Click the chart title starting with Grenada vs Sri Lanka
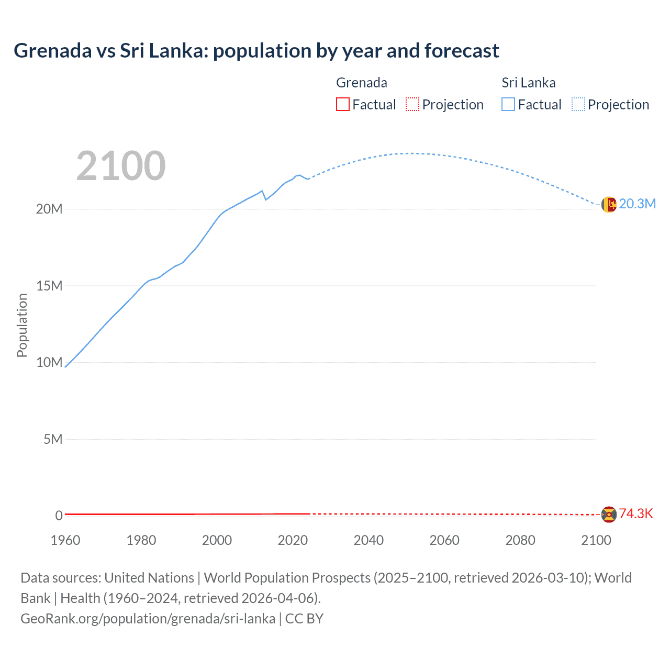pos(256,51)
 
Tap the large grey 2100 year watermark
pos(121,166)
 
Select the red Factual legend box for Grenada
pos(342,104)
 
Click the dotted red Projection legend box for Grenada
pos(412,104)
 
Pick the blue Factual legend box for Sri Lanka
pos(508,104)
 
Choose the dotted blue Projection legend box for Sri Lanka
pos(578,104)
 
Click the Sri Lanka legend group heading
pos(528,83)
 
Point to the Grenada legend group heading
pos(361,83)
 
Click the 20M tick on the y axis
pos(49,209)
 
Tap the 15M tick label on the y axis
pos(49,286)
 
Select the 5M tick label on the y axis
pos(53,439)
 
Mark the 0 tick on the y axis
pos(59,516)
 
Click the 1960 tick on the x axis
pos(65,540)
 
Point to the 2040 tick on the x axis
pos(368,540)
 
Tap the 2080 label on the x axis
pos(520,540)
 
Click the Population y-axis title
pos(22,325)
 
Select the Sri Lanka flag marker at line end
pos(609,204)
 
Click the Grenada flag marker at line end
pos(609,515)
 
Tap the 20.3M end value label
pos(637,204)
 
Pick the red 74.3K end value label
pos(636,514)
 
